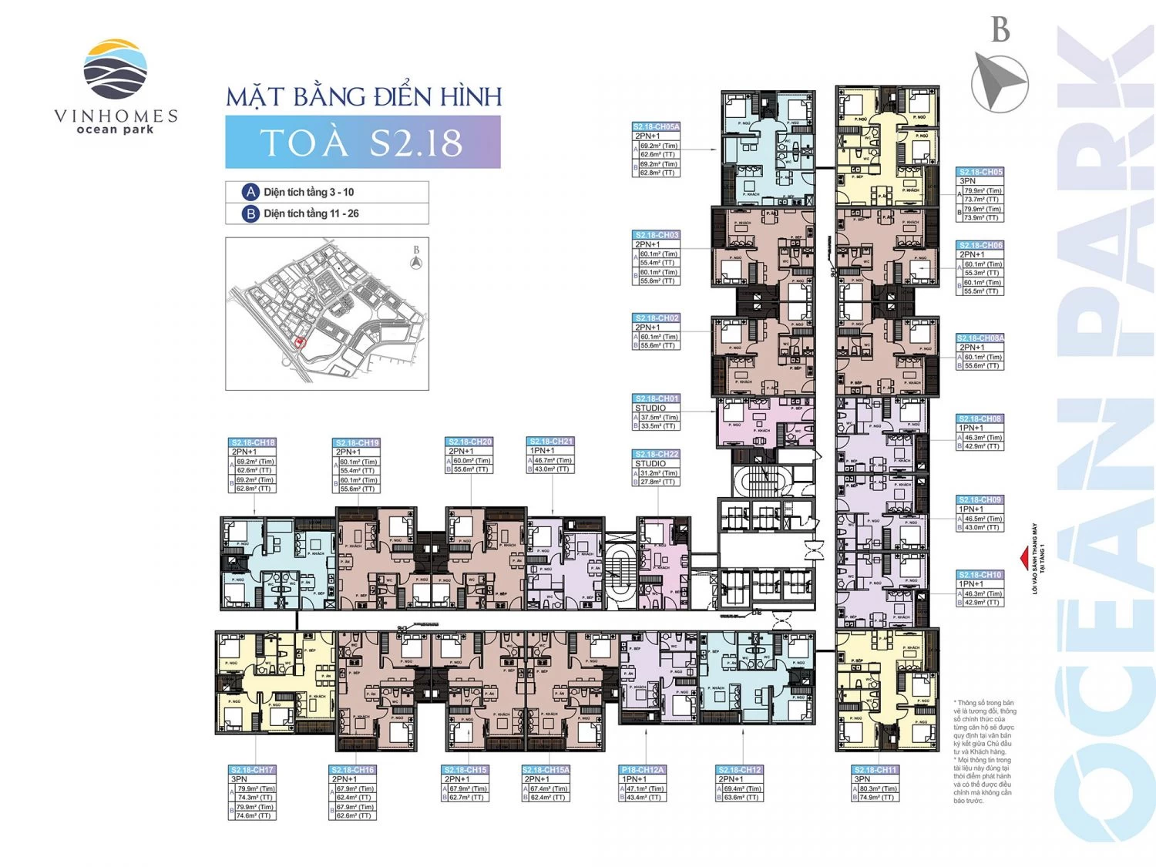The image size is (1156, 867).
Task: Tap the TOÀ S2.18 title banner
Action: click(x=362, y=143)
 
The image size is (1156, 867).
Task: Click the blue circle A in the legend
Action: click(x=250, y=192)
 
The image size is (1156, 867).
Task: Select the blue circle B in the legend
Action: click(x=250, y=213)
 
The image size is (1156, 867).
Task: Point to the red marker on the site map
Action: click(x=301, y=342)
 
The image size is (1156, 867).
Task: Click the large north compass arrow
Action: click(x=999, y=81)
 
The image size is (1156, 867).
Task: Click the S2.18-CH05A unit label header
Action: click(x=656, y=126)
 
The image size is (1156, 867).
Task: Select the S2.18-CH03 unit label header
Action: click(x=656, y=235)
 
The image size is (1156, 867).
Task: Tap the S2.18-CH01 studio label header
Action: click(x=656, y=398)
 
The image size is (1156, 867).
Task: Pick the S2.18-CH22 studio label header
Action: click(x=656, y=454)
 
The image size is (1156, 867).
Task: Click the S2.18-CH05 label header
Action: click(x=980, y=172)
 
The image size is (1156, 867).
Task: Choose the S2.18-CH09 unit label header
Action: click(x=980, y=499)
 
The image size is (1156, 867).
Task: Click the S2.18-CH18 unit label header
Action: click(x=253, y=442)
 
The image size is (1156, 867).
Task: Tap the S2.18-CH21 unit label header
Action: click(x=550, y=442)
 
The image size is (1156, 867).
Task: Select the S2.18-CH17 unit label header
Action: click(x=252, y=770)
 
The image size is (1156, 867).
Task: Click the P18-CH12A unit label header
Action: click(x=643, y=770)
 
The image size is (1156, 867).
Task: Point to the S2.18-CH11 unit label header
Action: click(x=875, y=770)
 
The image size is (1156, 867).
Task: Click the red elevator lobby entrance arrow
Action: click(x=1024, y=557)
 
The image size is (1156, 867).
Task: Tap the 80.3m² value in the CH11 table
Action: click(x=879, y=788)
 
